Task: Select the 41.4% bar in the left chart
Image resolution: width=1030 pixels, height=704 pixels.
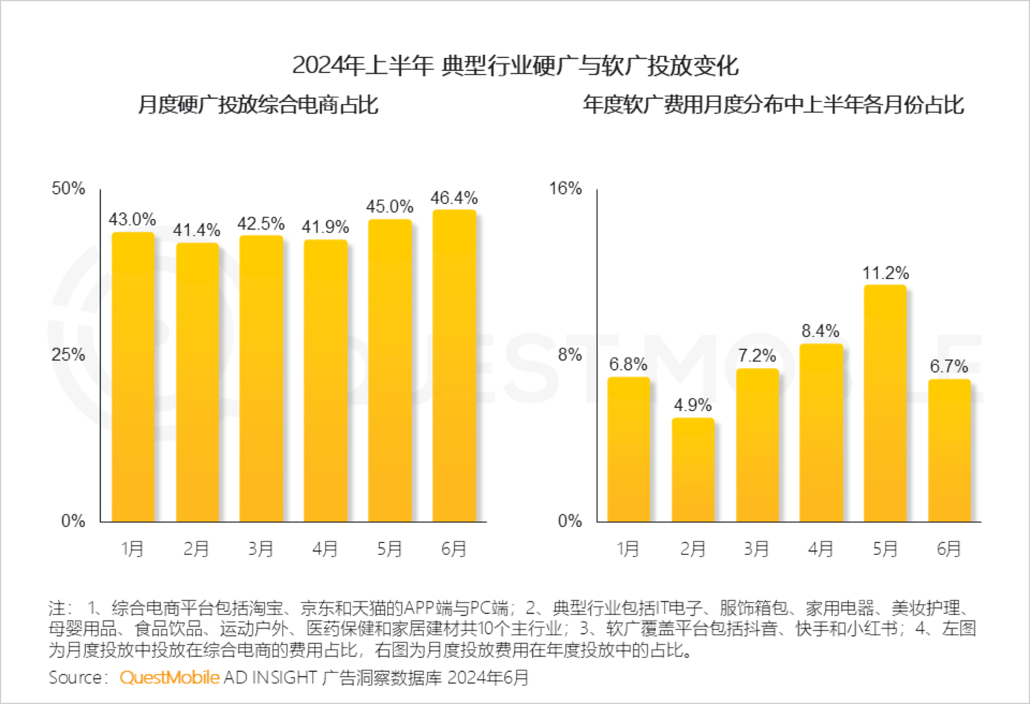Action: pyautogui.click(x=197, y=382)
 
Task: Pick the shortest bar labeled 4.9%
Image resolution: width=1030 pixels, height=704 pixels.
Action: pyautogui.click(x=693, y=469)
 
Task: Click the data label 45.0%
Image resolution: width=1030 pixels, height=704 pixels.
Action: pyautogui.click(x=390, y=207)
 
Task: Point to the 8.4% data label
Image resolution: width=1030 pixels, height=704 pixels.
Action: pyautogui.click(x=820, y=331)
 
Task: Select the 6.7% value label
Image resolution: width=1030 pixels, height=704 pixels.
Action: pyautogui.click(x=949, y=366)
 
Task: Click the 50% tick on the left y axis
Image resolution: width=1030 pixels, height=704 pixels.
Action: pyautogui.click(x=68, y=188)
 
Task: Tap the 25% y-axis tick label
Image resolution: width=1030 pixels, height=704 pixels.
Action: pyautogui.click(x=68, y=355)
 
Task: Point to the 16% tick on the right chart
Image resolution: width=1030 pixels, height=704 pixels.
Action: pyautogui.click(x=565, y=188)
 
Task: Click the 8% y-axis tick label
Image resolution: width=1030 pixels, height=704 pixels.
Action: pyautogui.click(x=569, y=355)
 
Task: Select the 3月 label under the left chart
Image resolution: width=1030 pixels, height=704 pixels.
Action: pyautogui.click(x=261, y=549)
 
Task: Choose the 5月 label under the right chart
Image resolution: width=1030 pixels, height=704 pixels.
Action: pyautogui.click(x=886, y=549)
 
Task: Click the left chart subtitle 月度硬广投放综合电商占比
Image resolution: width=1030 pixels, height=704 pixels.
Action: pyautogui.click(x=257, y=105)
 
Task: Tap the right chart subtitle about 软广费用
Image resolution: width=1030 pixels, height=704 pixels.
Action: pyautogui.click(x=773, y=105)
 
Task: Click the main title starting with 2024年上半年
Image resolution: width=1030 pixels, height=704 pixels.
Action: pyautogui.click(x=515, y=66)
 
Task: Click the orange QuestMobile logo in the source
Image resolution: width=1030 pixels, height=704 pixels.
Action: pyautogui.click(x=170, y=677)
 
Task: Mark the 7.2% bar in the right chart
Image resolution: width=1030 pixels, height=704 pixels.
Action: pyautogui.click(x=757, y=445)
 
